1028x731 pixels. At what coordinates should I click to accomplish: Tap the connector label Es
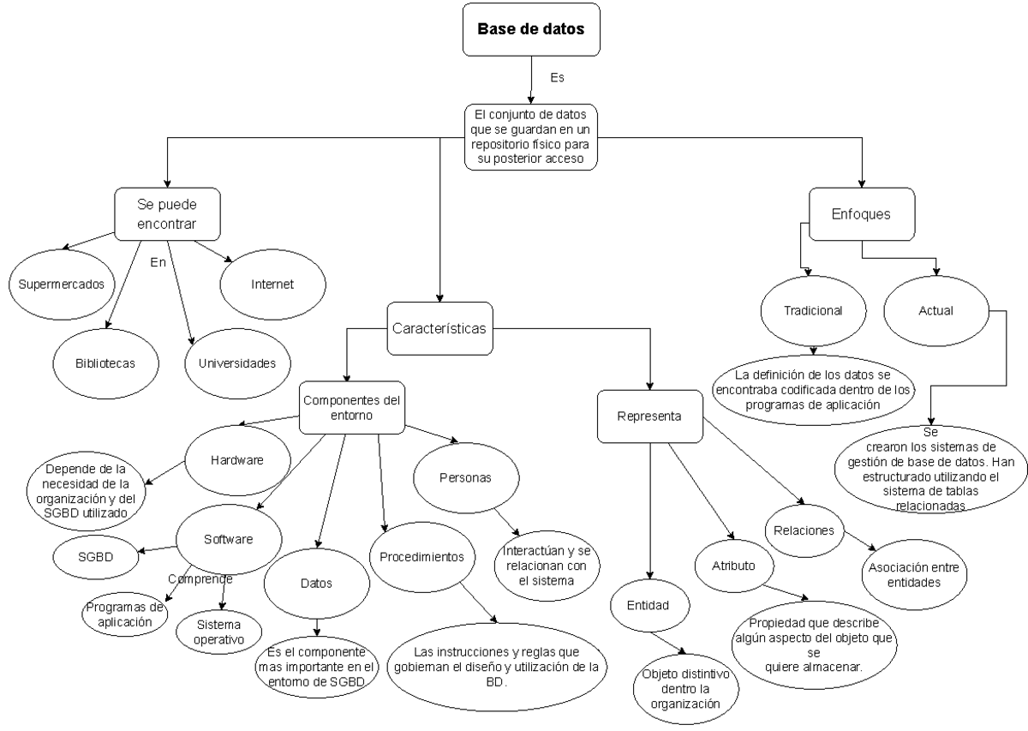(x=557, y=78)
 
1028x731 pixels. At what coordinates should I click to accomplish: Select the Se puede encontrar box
(x=167, y=214)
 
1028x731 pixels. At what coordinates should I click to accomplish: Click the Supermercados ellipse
(x=62, y=283)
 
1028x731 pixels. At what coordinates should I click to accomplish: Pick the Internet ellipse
(x=272, y=283)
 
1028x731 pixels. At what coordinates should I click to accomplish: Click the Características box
(x=439, y=328)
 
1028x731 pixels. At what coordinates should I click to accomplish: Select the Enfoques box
(x=861, y=214)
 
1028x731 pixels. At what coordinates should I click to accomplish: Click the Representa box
(x=649, y=416)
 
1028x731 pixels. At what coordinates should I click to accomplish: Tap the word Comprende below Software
(x=200, y=578)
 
